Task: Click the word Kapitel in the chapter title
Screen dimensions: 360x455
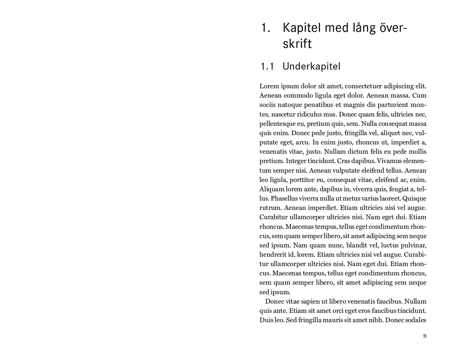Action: pyautogui.click(x=302, y=28)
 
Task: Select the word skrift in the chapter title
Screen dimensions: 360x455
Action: pyautogui.click(x=297, y=44)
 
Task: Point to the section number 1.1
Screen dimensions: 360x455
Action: pyautogui.click(x=267, y=66)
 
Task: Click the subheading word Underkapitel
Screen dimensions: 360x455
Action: pyautogui.click(x=311, y=66)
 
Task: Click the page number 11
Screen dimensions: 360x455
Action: pyautogui.click(x=424, y=336)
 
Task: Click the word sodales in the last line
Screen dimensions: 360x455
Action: pyautogui.click(x=416, y=320)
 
